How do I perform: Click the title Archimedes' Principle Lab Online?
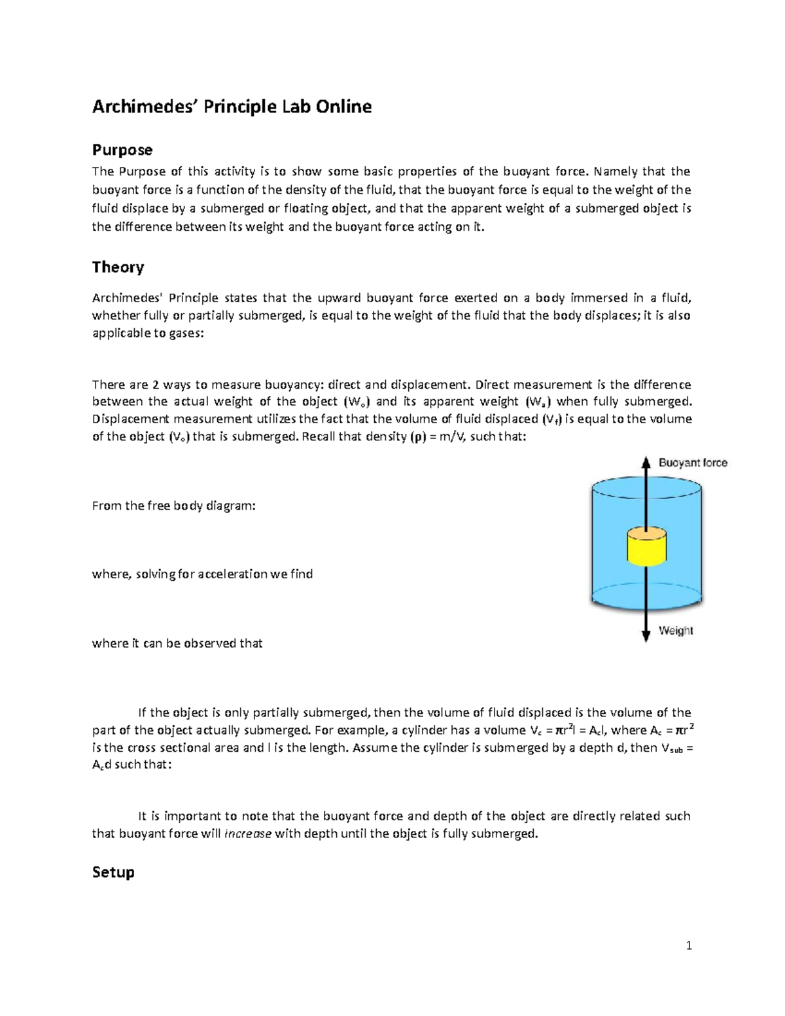[x=232, y=107]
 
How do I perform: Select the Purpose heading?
[x=122, y=150]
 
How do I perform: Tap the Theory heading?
[x=118, y=267]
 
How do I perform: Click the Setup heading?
[x=113, y=872]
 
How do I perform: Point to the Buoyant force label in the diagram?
[x=693, y=463]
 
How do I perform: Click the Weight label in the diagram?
[x=676, y=631]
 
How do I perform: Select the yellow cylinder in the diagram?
[x=646, y=547]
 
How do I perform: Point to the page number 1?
[x=688, y=945]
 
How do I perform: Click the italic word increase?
[x=247, y=834]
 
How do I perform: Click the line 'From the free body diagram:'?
[x=173, y=506]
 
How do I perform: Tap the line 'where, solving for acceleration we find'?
[x=202, y=574]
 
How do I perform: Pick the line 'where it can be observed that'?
[x=177, y=644]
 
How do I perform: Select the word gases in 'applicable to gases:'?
[x=185, y=334]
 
